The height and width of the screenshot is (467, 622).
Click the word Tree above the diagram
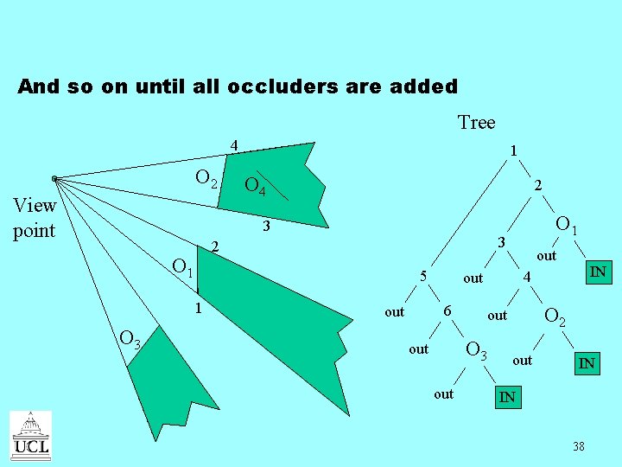pos(476,122)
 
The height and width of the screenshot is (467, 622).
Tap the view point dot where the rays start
pos(54,179)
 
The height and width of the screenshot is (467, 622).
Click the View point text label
pos(35,218)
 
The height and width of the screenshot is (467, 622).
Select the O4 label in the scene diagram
pos(255,185)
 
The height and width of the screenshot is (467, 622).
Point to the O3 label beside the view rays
pos(131,340)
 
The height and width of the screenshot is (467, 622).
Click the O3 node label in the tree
pos(477,350)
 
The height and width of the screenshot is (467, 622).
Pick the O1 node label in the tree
pos(566,226)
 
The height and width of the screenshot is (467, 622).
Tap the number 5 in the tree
pos(423,277)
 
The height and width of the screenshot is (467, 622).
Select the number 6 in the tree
pos(447,310)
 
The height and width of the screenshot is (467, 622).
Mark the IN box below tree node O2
pos(587,363)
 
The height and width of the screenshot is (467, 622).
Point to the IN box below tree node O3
pos(507,397)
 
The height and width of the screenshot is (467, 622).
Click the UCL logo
pos(30,435)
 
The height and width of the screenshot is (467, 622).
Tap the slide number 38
pos(578,446)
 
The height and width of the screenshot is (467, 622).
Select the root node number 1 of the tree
pos(513,150)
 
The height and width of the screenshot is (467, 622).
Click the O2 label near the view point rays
pos(206,179)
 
